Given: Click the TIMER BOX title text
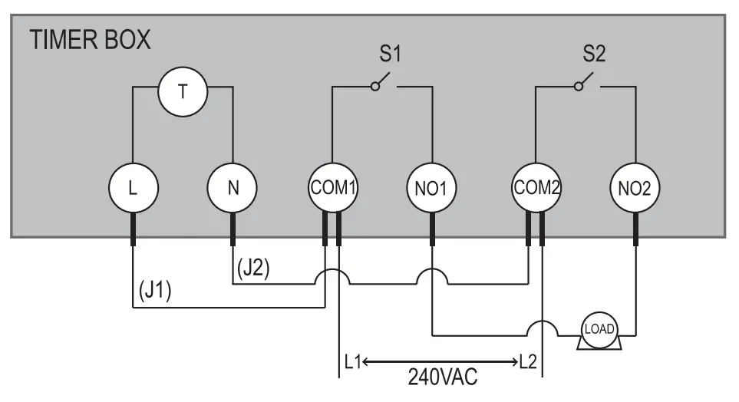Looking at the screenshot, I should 91,41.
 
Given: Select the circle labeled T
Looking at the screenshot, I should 182,92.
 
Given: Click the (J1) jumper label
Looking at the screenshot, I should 156,292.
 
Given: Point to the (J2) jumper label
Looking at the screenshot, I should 253,269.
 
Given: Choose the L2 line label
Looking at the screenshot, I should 530,361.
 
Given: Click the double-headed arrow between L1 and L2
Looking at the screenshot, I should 441,361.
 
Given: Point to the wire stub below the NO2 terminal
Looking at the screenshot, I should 635,230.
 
